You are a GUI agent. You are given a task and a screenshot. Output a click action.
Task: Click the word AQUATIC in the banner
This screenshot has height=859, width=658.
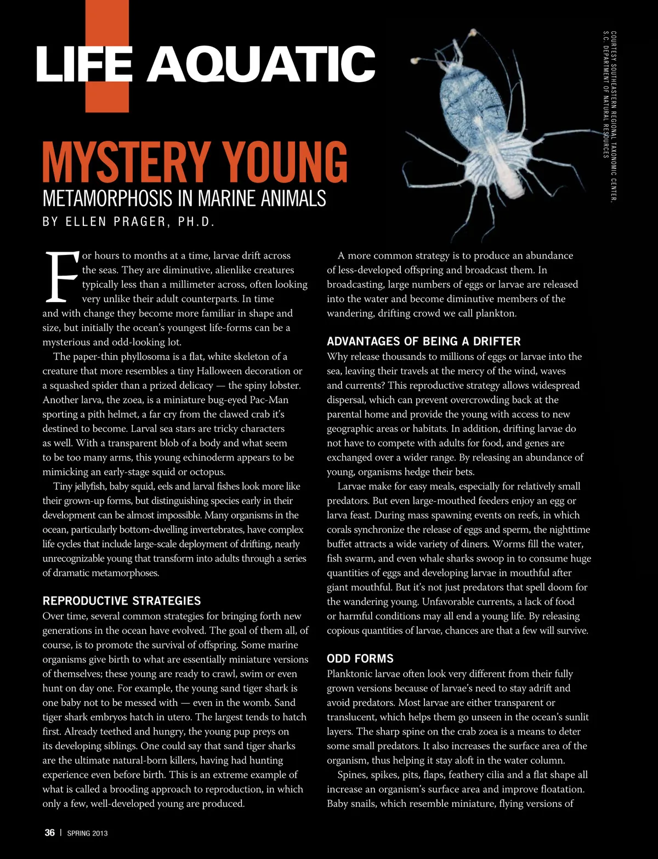[261, 64]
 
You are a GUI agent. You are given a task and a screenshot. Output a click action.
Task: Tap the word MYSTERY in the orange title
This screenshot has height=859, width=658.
[126, 162]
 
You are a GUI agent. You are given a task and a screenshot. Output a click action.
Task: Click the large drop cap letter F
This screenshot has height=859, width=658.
[61, 277]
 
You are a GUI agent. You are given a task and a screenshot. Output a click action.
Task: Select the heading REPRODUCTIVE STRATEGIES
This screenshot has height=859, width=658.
[122, 601]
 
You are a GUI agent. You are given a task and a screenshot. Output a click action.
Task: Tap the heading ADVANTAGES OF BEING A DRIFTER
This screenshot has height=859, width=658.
[423, 342]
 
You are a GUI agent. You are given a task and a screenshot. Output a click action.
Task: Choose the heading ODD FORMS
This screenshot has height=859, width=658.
[360, 658]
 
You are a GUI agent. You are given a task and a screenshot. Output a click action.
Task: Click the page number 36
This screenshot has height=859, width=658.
[49, 833]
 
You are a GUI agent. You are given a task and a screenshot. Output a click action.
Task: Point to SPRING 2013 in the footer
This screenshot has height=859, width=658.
[87, 833]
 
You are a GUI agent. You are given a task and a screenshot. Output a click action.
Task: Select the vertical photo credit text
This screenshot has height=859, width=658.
[610, 115]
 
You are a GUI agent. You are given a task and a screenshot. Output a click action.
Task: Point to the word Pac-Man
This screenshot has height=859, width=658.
[269, 400]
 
